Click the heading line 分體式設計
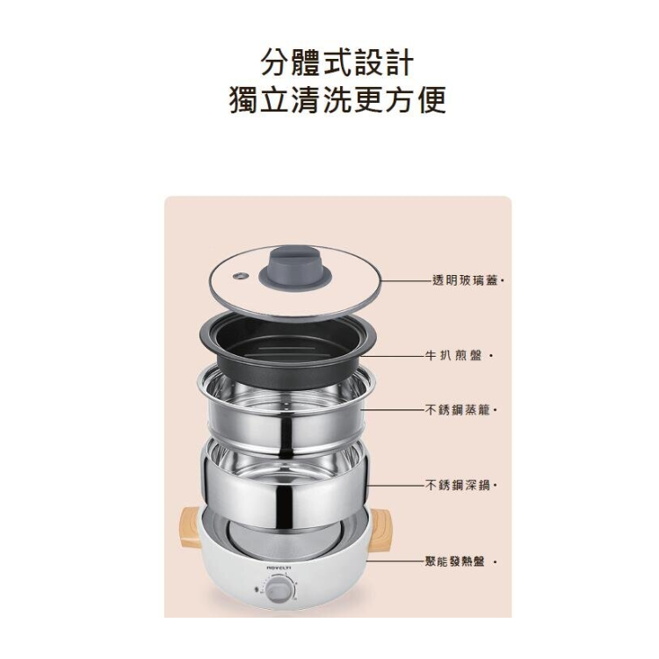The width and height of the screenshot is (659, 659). pos(337,62)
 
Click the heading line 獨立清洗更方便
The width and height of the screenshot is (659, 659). pos(337,99)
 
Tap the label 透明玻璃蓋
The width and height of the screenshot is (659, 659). pos(465,280)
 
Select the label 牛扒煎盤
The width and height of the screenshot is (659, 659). pos(453,356)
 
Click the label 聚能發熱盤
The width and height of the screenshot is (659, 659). pos(455,561)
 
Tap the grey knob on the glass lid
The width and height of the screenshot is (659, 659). pos(295,266)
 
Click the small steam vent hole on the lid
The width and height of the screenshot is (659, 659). pos(241,276)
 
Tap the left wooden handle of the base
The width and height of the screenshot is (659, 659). pos(191,527)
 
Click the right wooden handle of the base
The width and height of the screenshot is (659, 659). pos(380,527)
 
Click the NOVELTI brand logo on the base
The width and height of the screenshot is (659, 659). pos(279,568)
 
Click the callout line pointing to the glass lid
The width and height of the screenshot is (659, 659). pos(405,281)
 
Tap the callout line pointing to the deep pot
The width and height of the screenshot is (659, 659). pos(397,485)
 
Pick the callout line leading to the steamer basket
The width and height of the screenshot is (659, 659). pos(393,409)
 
